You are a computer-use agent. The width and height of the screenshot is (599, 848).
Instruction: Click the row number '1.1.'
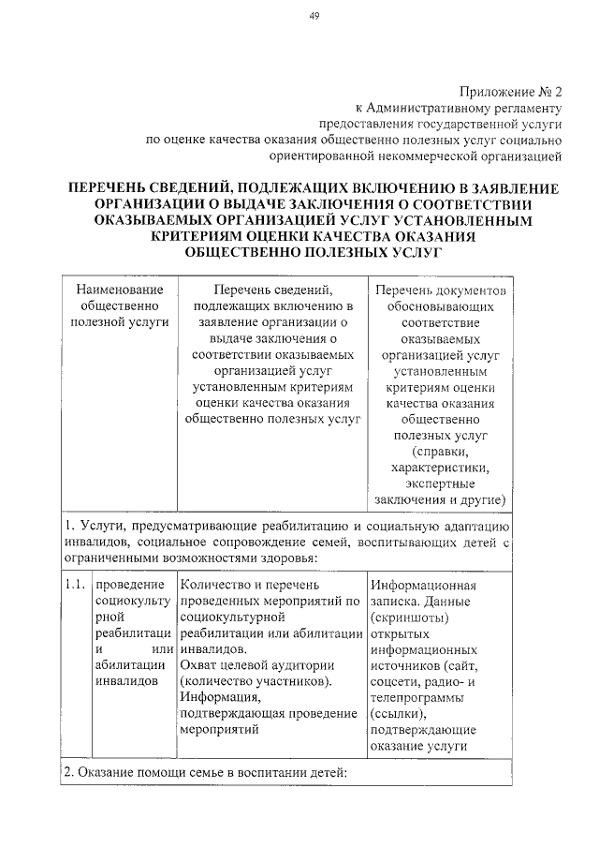[x=75, y=585]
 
